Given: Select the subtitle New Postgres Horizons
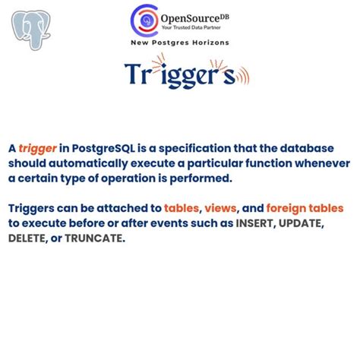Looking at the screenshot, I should [x=180, y=43].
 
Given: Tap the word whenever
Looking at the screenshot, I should [x=321, y=163].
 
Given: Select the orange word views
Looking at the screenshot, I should [x=224, y=208].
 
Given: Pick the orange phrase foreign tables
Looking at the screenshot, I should [x=307, y=208].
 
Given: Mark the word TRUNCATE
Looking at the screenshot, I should [x=99, y=238].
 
